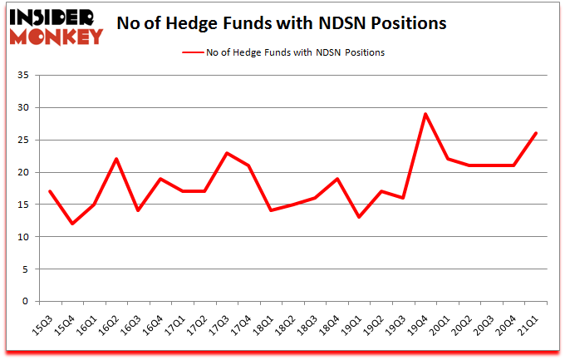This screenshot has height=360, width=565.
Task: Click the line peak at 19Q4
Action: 425,114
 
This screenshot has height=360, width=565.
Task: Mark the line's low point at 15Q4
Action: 73,224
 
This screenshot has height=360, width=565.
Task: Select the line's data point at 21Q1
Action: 536,133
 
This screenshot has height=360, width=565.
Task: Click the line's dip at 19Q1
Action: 359,217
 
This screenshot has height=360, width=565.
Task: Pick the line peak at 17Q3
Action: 227,153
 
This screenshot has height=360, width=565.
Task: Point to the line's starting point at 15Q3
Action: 51,191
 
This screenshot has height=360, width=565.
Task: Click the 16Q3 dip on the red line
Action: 139,210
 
